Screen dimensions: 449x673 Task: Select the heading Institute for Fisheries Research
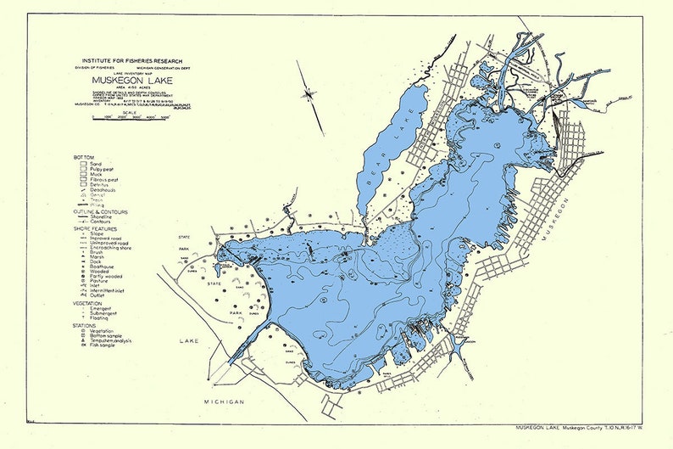point(131,61)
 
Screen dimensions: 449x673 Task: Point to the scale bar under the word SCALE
point(131,118)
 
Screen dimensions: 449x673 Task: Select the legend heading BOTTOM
point(84,157)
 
